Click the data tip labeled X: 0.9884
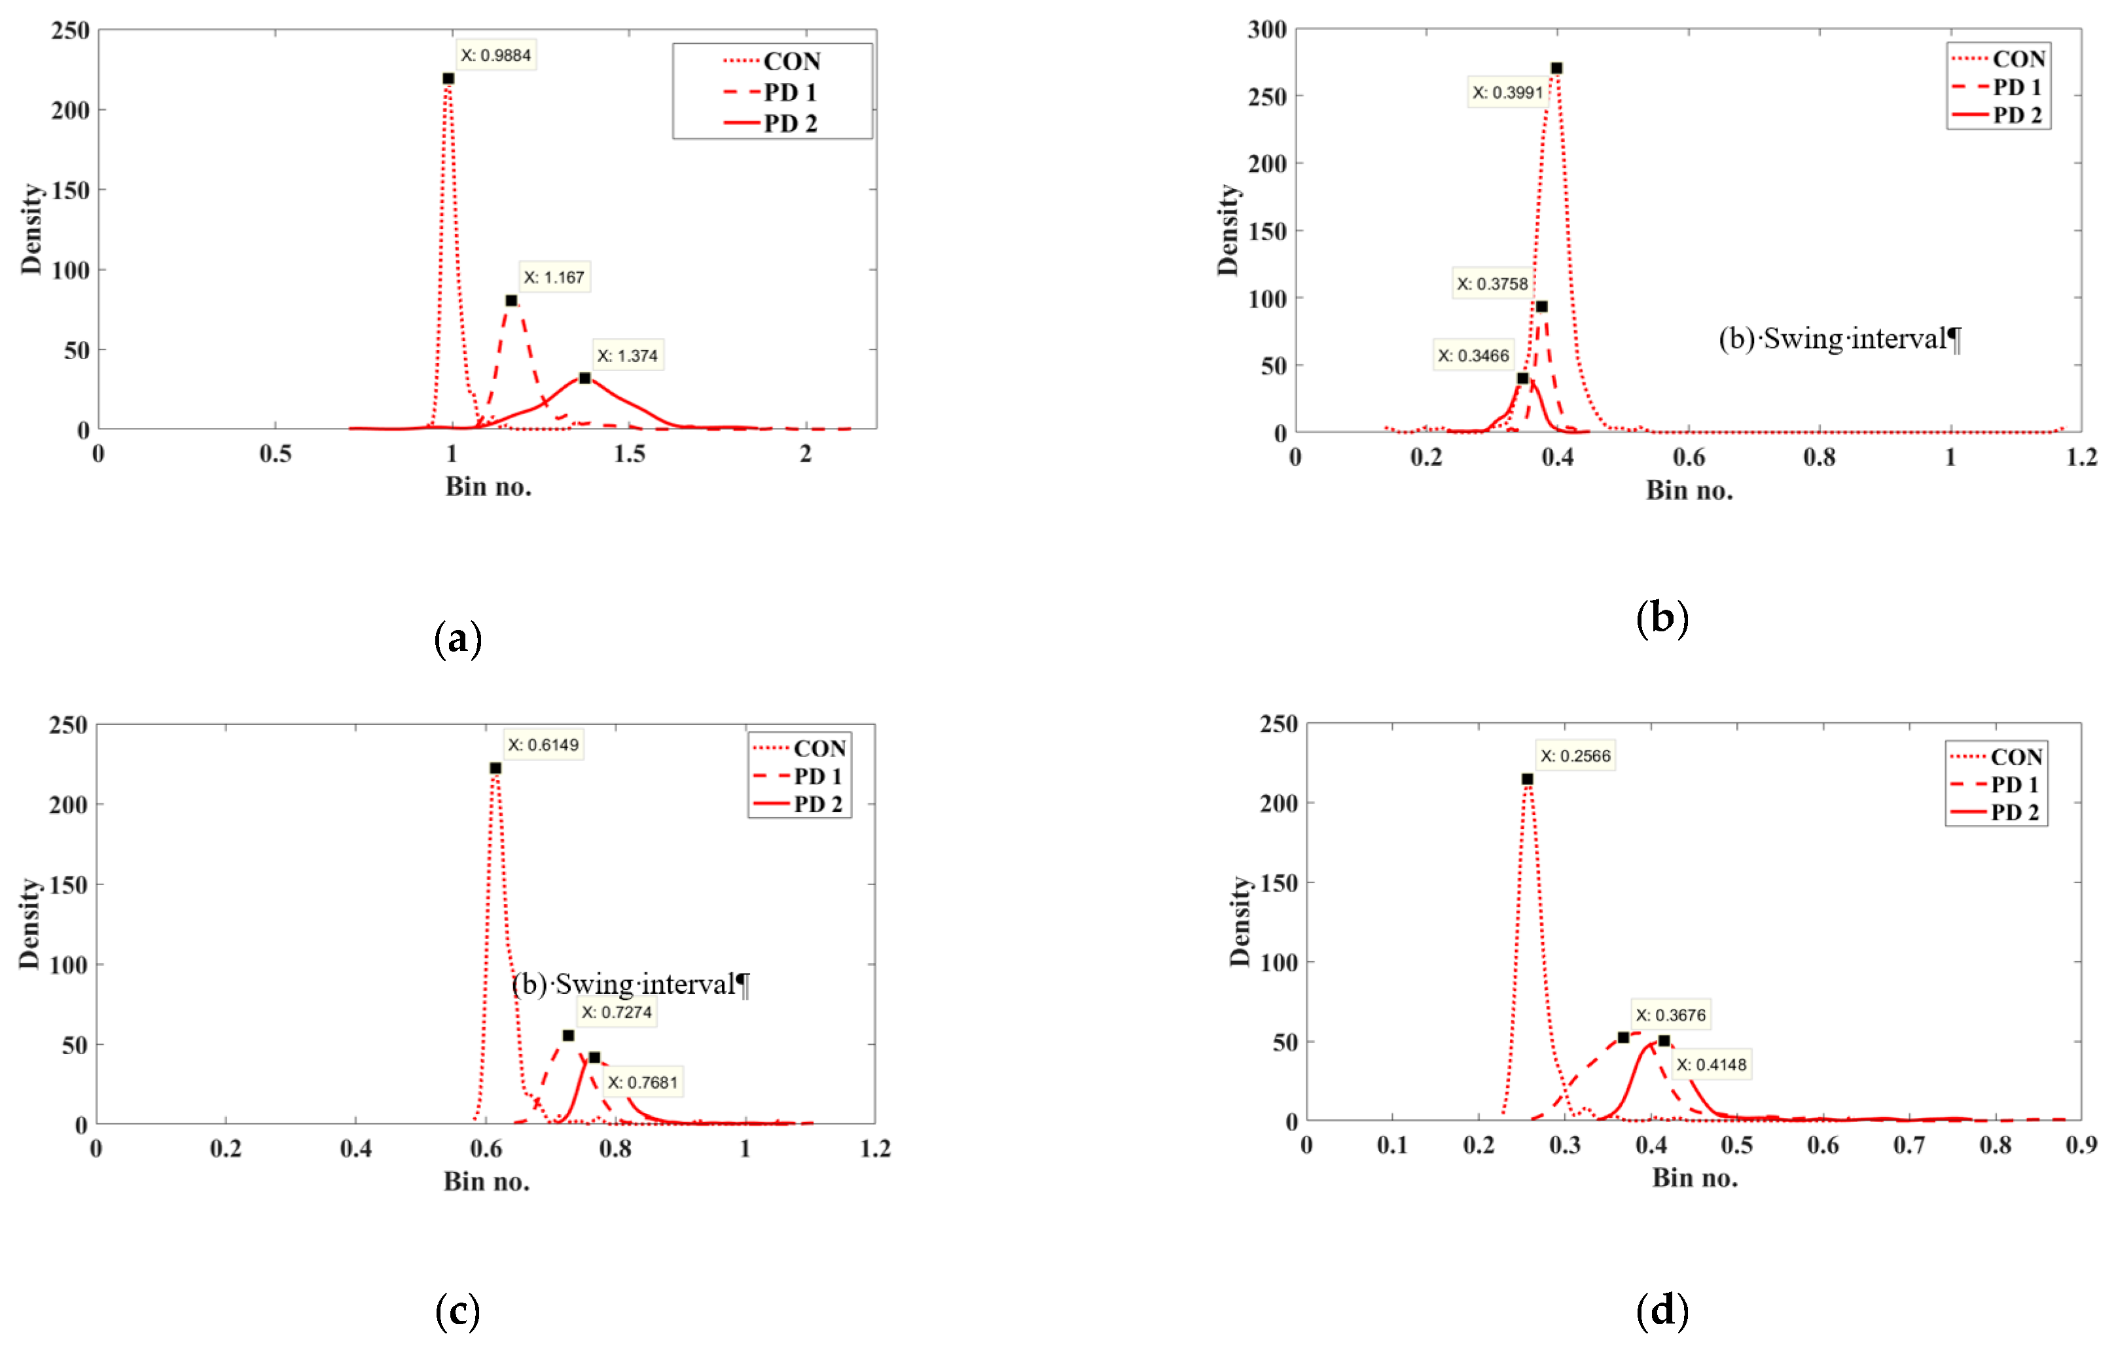pos(495,56)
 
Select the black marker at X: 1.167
pos(511,300)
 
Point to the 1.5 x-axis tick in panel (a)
pos(629,454)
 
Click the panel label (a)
pos(457,639)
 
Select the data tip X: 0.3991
pos(1508,92)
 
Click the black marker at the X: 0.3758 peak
pos(1541,307)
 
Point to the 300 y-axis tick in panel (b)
pos(1267,30)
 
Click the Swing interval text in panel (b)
pos(1840,338)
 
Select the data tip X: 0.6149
pos(543,745)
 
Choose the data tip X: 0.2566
pos(1575,756)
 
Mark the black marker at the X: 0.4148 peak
pos(1664,1041)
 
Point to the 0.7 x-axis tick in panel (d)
pos(1909,1146)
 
